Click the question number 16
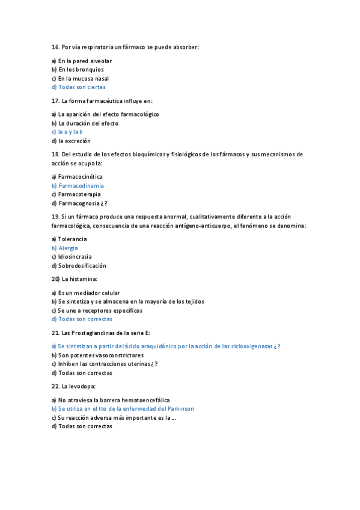click(55, 46)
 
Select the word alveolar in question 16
click(101, 61)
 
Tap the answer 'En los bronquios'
click(81, 70)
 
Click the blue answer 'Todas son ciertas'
click(82, 87)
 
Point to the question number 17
click(55, 100)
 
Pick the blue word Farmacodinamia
click(81, 186)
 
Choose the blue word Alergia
click(68, 248)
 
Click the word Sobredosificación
click(82, 265)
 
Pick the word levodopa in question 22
click(81, 386)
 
